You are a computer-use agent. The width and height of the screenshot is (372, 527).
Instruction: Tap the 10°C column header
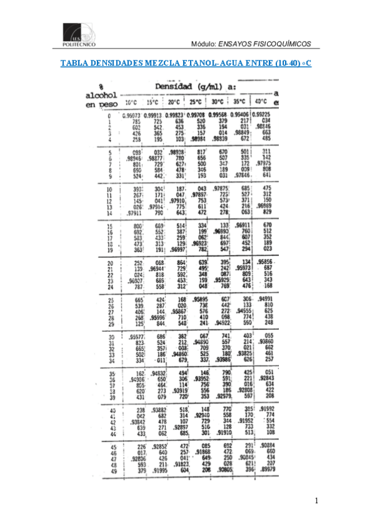130,102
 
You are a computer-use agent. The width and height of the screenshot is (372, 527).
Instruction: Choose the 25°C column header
196,102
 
